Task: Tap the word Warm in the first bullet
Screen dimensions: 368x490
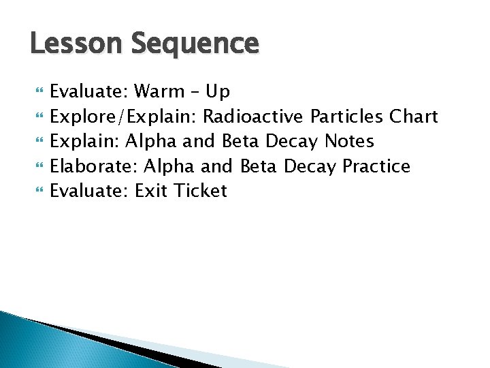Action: pyautogui.click(x=160, y=92)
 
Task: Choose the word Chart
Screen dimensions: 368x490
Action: pyautogui.click(x=413, y=117)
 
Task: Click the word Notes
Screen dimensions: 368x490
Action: pyautogui.click(x=349, y=141)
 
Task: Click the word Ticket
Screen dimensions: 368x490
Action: pyautogui.click(x=200, y=191)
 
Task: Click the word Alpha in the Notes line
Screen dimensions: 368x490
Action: pyautogui.click(x=148, y=141)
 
